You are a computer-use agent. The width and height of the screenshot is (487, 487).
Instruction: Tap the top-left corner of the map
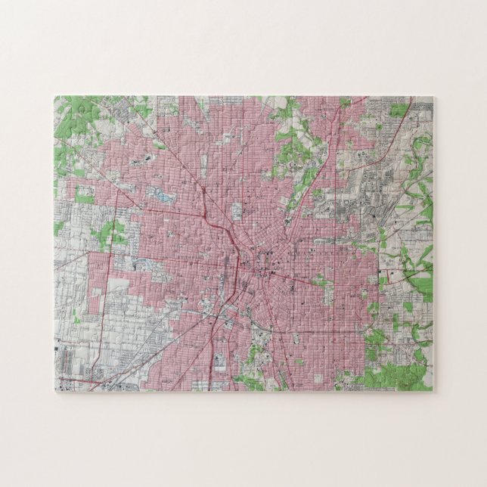coord(55,97)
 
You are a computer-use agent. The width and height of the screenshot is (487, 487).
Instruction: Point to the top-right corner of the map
coord(433,97)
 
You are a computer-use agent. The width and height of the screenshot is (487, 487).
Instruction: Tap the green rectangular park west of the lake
coord(84,194)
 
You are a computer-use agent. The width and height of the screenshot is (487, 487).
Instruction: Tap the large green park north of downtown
coord(291,147)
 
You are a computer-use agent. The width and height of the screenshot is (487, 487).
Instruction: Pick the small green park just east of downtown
coord(321,281)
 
